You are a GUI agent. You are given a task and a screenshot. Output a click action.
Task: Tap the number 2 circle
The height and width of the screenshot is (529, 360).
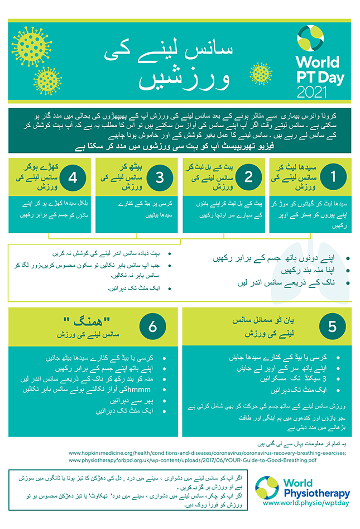[247, 177]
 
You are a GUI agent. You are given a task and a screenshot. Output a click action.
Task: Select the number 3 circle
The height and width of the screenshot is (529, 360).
[160, 177]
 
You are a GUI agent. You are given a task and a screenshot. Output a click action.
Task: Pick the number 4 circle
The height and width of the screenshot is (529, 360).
[73, 177]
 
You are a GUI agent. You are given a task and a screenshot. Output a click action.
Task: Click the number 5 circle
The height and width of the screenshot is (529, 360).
[332, 328]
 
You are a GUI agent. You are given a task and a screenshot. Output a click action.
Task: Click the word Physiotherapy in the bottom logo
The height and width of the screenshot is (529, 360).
[316, 493]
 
